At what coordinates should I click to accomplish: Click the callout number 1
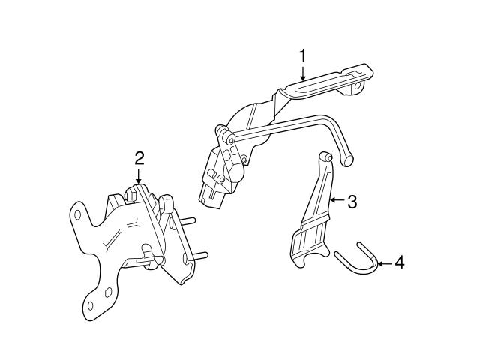click(303, 55)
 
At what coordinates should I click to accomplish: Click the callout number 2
click(139, 157)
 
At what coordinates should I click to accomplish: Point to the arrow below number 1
click(303, 72)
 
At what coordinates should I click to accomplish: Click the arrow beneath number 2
click(139, 175)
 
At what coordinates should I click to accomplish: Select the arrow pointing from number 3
click(335, 201)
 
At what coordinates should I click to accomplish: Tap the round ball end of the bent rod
click(346, 160)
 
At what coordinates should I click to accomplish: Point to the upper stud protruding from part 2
click(187, 222)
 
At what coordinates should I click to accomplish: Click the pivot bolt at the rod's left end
click(225, 136)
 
